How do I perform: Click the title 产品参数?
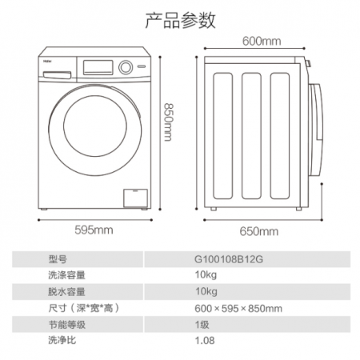pos(180,20)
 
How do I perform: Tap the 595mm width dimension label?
pos(94,230)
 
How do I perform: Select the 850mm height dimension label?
pos(168,122)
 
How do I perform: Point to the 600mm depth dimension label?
pos(262,42)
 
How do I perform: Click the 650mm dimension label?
pos(258,231)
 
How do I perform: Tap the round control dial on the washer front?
pos(126,67)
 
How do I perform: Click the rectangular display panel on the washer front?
pos(98,67)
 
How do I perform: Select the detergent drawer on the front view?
pos(57,75)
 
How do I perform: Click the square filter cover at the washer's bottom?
pos(135,198)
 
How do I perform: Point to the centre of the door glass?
pos(95,126)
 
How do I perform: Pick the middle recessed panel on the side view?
pos(251,136)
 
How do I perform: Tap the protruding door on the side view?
pos(316,130)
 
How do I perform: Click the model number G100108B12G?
pos(229,259)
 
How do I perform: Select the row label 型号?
pos(58,259)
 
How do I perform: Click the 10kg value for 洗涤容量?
pos(206,275)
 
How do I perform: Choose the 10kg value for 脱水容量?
pos(206,292)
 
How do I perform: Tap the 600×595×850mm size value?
pos(238,309)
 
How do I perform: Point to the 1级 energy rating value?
pos(202,325)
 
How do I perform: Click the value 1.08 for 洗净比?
pos(205,341)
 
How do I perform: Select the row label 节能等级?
pos(67,325)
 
